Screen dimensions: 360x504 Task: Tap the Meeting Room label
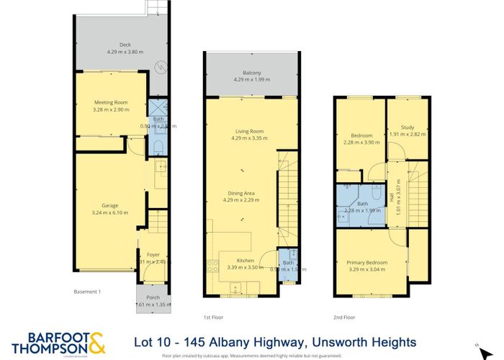pyautogui.click(x=111, y=102)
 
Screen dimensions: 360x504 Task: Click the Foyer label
pyautogui.click(x=153, y=255)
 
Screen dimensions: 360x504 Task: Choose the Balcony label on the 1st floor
pyautogui.click(x=251, y=71)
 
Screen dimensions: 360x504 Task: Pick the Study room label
pyautogui.click(x=408, y=127)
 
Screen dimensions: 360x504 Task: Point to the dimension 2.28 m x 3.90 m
pyautogui.click(x=361, y=142)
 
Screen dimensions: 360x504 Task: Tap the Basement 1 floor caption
pyautogui.click(x=88, y=292)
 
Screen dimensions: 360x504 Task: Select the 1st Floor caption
pyautogui.click(x=214, y=317)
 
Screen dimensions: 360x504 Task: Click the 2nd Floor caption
pyautogui.click(x=344, y=317)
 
